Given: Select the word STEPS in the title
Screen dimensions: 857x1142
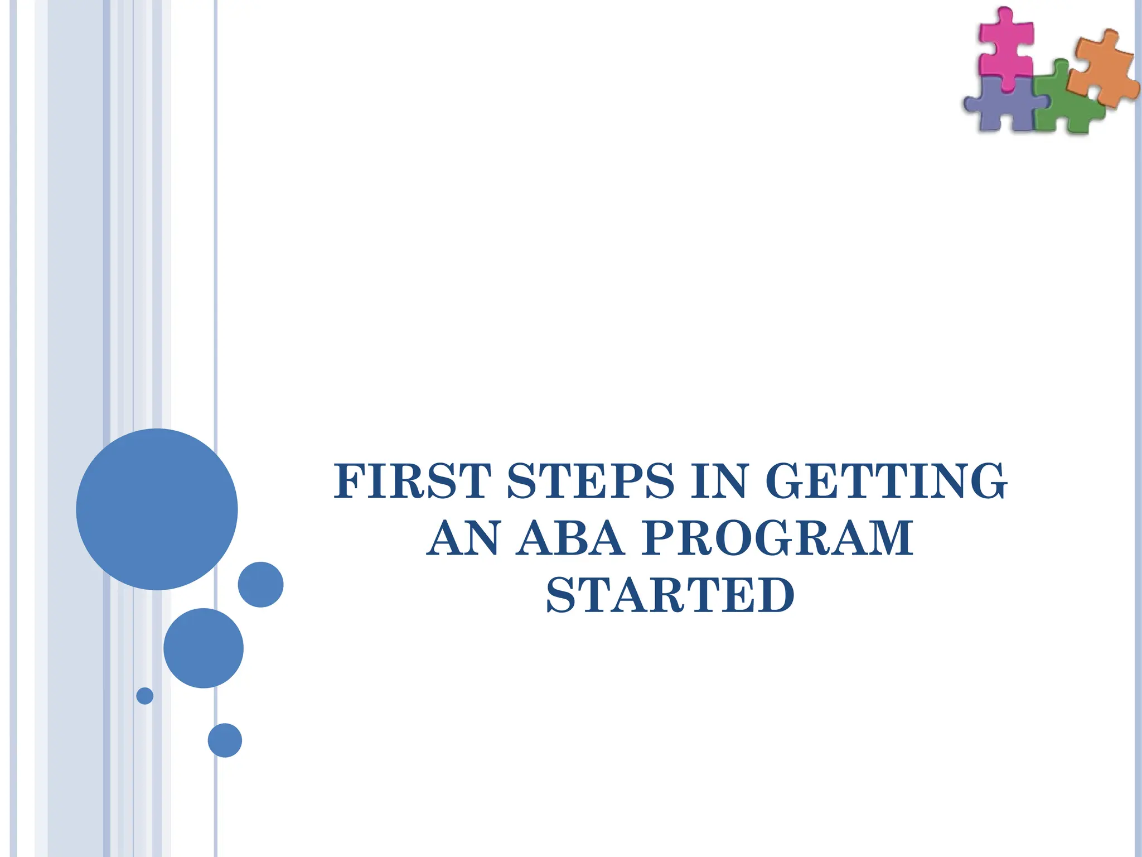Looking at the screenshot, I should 591,481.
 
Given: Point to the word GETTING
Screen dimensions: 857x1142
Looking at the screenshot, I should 886,481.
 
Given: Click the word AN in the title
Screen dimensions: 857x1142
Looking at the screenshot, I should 463,538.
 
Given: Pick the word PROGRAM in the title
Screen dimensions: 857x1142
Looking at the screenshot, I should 777,538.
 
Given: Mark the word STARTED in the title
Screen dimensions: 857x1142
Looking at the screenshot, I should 670,595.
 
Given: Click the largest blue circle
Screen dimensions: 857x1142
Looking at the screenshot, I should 157,509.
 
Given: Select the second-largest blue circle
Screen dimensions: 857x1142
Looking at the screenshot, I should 204,648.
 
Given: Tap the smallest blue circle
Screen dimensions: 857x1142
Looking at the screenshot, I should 145,696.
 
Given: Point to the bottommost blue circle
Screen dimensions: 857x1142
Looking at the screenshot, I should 225,740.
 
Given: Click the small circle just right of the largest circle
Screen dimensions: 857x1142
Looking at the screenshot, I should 260,584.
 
